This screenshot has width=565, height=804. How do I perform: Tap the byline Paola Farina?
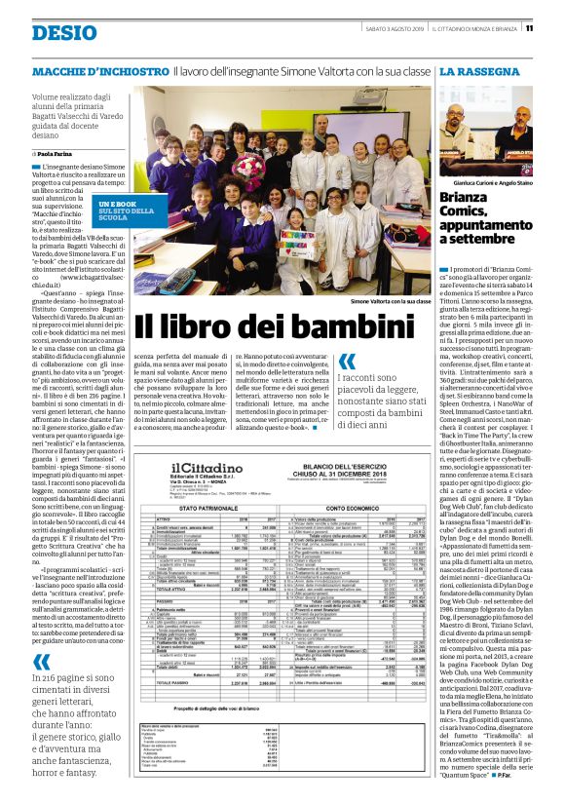(x=58, y=154)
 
